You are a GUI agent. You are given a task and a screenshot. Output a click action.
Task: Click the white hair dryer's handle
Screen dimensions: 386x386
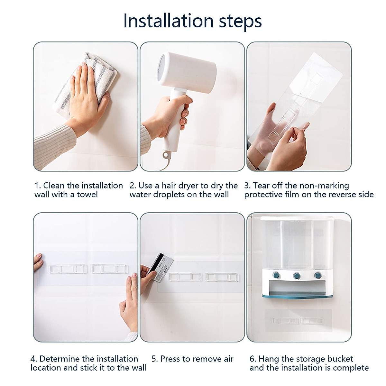(x=174, y=122)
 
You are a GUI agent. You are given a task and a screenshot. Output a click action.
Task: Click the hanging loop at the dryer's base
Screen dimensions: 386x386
(x=166, y=155)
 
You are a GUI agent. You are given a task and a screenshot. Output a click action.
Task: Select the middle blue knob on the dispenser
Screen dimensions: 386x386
(x=297, y=276)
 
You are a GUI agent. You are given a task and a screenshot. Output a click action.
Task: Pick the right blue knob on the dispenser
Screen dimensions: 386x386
(x=317, y=275)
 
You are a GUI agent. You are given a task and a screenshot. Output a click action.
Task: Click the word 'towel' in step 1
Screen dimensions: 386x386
(x=87, y=195)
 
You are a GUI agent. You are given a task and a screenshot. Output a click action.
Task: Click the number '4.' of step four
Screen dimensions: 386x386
(x=34, y=359)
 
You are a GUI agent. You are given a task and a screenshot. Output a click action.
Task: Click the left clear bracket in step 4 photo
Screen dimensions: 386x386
(x=68, y=269)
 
